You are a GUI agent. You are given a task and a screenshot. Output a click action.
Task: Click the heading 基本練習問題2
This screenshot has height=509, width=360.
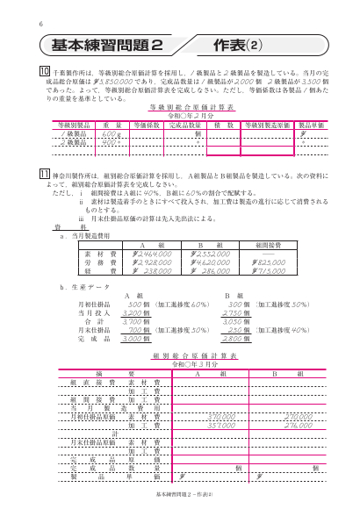pos(108,44)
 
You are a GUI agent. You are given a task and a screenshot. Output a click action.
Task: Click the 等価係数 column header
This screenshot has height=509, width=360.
pos(145,125)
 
